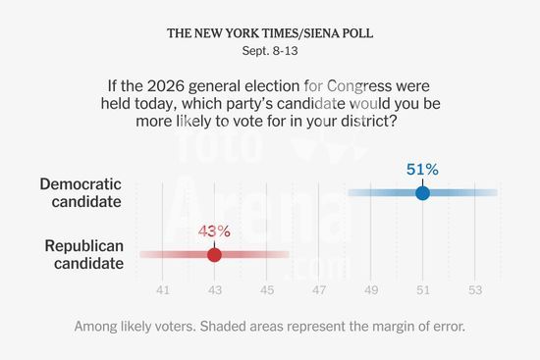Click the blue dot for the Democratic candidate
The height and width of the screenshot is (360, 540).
(x=422, y=193)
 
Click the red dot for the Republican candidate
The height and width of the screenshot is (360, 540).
(x=215, y=255)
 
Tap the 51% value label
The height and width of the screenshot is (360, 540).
(x=422, y=170)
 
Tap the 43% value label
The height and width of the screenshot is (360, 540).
(x=214, y=231)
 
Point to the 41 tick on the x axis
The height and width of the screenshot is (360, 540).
(x=163, y=290)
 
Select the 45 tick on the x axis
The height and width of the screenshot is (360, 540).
(x=267, y=290)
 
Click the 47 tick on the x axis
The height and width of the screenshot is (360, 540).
(x=319, y=290)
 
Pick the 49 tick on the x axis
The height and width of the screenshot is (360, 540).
(x=371, y=290)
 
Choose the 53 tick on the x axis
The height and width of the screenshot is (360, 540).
(x=475, y=290)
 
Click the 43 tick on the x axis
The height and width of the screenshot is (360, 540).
(x=215, y=290)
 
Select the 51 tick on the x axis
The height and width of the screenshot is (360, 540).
(x=423, y=290)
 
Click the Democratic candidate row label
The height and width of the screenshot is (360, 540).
(x=81, y=193)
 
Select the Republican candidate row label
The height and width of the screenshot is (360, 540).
(x=84, y=255)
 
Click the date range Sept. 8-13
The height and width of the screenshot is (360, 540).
(x=270, y=51)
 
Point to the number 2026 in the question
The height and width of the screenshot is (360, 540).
(x=166, y=86)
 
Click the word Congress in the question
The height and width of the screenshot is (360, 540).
(x=359, y=86)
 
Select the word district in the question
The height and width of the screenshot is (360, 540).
(x=366, y=122)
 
